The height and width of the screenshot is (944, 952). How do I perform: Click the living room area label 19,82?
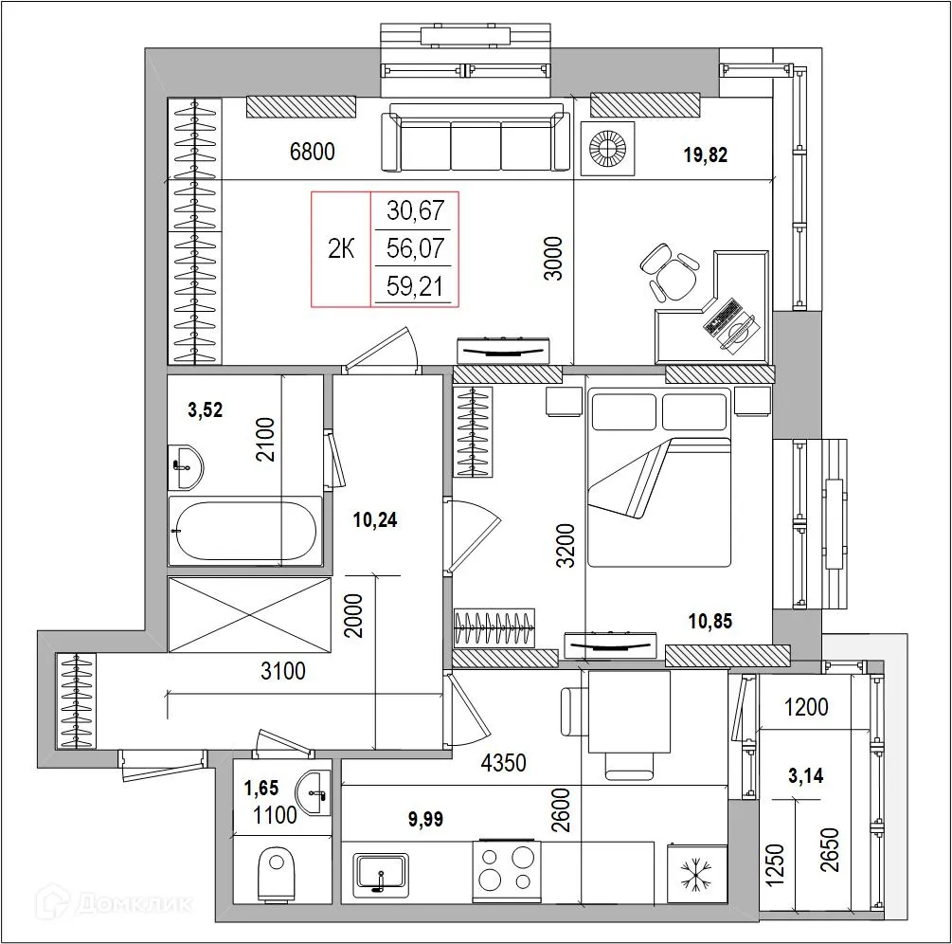pyautogui.click(x=705, y=155)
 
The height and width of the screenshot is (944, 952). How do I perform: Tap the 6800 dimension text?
pyautogui.click(x=312, y=152)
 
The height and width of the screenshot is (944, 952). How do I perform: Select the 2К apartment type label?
pyautogui.click(x=341, y=249)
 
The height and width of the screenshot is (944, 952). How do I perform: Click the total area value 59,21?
pyautogui.click(x=415, y=286)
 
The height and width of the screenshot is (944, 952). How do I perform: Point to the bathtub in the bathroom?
pyautogui.click(x=244, y=532)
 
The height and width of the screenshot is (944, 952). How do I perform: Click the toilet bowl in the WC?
pyautogui.click(x=277, y=871)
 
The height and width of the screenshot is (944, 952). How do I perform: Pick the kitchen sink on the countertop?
pyautogui.click(x=381, y=873)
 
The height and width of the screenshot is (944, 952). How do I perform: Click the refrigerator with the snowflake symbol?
pyautogui.click(x=696, y=873)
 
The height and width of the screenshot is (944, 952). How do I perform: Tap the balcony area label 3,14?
pyautogui.click(x=805, y=776)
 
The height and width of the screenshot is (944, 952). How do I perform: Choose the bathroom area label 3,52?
pyautogui.click(x=205, y=409)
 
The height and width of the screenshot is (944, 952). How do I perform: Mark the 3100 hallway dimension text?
pyautogui.click(x=282, y=672)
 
